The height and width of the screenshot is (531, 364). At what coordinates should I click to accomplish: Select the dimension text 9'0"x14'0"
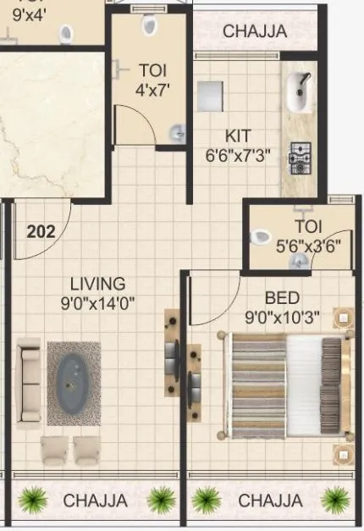[97, 301]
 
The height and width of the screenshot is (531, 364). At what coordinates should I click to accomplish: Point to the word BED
[281, 298]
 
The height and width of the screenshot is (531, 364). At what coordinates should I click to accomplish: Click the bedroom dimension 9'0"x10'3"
[281, 317]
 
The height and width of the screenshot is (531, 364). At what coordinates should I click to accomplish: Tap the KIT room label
[238, 136]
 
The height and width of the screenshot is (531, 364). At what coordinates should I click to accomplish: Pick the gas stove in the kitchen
[300, 153]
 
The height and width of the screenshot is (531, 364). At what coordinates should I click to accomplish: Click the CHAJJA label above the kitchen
[255, 31]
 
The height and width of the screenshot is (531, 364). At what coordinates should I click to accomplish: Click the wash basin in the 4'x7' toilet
[176, 132]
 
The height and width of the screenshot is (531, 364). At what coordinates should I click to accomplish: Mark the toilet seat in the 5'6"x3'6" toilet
[263, 236]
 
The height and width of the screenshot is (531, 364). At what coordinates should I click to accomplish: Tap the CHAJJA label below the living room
[95, 501]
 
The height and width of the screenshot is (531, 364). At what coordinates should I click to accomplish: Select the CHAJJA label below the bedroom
[270, 501]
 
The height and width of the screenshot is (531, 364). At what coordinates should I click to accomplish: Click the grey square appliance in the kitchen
[209, 96]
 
